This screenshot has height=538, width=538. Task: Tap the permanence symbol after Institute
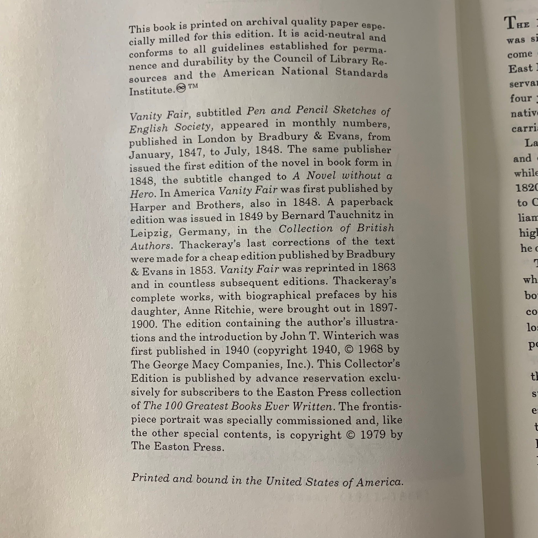tap(181, 88)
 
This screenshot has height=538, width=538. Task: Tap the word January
tap(147, 154)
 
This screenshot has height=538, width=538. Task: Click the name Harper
tap(148, 207)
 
